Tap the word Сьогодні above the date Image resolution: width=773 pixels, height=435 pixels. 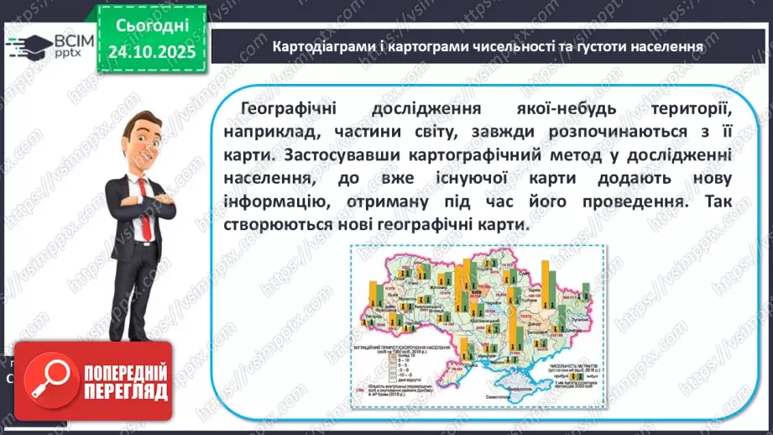(x=152, y=26)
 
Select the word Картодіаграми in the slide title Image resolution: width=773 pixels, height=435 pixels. (x=316, y=46)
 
